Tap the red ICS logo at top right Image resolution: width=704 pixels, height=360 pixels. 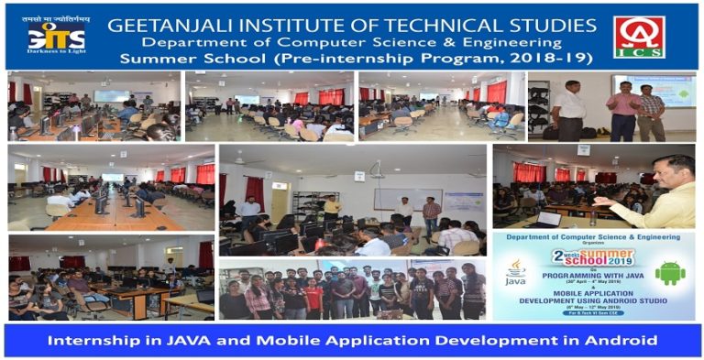(x=639, y=37)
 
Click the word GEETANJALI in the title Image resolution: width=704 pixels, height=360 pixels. (x=170, y=24)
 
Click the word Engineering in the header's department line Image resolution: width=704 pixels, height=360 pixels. (x=509, y=42)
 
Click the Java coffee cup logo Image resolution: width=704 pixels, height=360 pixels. (x=516, y=271)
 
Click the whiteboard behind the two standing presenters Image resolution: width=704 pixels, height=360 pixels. (x=406, y=199)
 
